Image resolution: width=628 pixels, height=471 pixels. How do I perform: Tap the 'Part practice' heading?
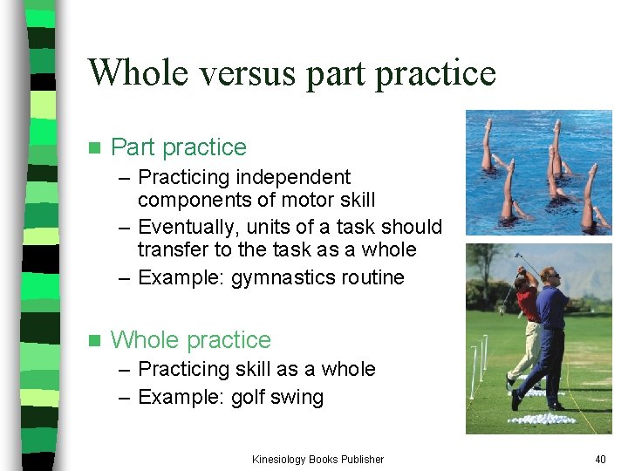[179, 147]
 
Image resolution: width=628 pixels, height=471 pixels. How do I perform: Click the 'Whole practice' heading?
[191, 339]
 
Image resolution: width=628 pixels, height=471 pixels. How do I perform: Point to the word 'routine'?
[373, 278]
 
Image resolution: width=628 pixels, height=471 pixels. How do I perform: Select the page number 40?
[599, 459]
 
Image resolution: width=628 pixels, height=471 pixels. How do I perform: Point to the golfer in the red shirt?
[525, 323]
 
